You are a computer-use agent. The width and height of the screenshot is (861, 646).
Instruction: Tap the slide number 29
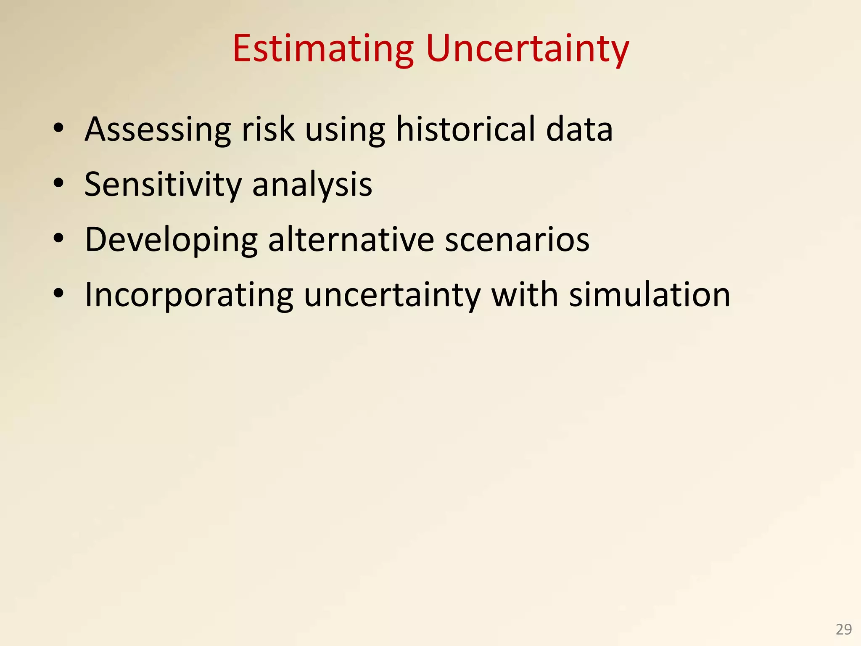(x=843, y=629)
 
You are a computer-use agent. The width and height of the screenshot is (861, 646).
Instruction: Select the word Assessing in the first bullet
(x=158, y=129)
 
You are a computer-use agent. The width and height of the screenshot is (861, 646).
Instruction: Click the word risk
(x=267, y=129)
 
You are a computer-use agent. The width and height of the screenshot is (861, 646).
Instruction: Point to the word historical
(x=465, y=129)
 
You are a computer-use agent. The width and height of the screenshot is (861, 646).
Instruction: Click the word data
(x=579, y=129)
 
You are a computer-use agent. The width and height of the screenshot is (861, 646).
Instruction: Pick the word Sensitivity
(x=163, y=185)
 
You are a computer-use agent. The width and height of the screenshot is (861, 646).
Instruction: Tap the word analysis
(x=312, y=185)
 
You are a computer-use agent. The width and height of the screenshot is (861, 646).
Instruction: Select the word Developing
(x=171, y=240)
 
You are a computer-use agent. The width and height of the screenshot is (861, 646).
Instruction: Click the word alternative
(x=351, y=240)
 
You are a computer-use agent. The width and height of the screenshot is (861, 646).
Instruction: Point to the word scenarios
(x=517, y=240)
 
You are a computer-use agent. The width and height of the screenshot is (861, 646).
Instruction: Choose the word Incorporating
(x=189, y=295)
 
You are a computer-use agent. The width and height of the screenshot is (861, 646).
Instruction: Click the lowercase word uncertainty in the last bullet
(x=392, y=295)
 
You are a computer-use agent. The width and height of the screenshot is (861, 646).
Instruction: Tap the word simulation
(x=650, y=295)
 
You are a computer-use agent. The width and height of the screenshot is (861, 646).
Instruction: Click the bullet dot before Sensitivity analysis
(x=58, y=183)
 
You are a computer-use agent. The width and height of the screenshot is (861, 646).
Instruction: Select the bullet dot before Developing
(x=58, y=238)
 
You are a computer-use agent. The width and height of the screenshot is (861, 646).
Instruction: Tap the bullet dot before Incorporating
(x=58, y=294)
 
